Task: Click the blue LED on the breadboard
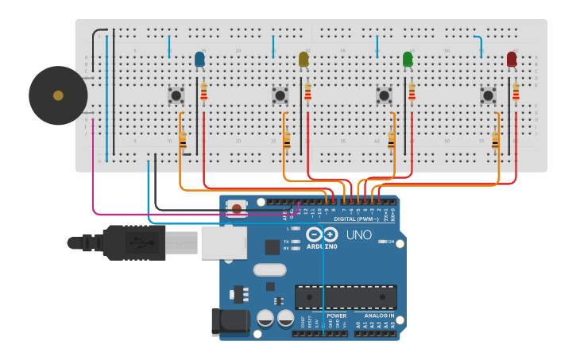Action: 199,59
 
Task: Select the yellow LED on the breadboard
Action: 303,59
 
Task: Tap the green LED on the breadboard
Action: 408,59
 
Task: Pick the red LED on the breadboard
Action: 512,59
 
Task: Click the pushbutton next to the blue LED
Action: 176,95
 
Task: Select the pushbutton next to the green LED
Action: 385,95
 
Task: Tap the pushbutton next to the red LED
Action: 489,95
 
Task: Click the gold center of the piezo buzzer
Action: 58,95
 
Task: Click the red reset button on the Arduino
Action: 236,208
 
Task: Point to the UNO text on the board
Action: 359,235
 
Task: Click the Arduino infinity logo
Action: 322,234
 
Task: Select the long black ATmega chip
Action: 346,296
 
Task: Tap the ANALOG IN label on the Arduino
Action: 373,315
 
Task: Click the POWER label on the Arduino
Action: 336,315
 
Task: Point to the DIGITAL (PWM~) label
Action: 355,219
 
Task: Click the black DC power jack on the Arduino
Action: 230,321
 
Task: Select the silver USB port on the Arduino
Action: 223,242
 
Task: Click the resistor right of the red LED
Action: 516,93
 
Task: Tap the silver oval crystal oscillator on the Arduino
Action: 270,269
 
